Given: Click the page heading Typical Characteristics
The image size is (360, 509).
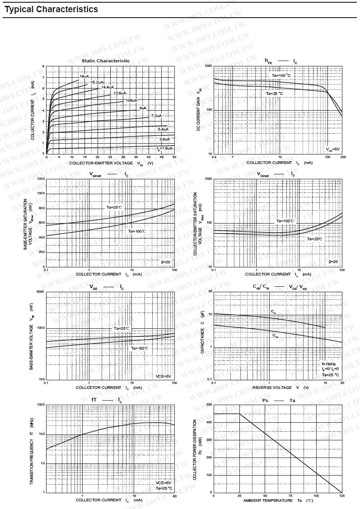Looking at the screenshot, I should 51,9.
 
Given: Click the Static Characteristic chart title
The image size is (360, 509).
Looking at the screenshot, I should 106,61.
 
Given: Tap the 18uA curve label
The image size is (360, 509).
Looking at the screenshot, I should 84,76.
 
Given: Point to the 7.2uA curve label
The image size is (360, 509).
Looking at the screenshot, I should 156,116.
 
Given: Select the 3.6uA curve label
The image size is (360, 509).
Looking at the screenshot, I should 164,139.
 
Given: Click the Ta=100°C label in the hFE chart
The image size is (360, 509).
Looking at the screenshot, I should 281,75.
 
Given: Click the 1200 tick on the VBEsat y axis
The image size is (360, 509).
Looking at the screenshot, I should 40,179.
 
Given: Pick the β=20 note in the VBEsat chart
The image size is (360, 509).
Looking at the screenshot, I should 166,262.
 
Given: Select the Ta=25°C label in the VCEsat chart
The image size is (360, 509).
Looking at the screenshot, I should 315,238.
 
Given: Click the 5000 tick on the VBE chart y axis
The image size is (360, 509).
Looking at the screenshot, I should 40,292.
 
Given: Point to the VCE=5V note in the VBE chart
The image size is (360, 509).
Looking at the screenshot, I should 164,376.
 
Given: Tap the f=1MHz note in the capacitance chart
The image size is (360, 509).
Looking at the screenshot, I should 329,364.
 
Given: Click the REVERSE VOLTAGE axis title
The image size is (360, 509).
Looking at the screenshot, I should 272,388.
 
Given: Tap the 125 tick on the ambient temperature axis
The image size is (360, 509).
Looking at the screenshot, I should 342,496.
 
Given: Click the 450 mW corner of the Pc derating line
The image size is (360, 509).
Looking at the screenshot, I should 239,414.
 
